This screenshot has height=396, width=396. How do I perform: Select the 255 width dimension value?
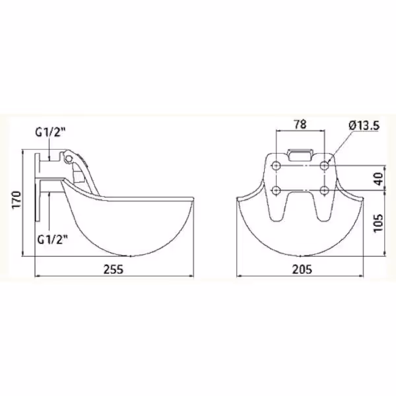pyautogui.click(x=114, y=269)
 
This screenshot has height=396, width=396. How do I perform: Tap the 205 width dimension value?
pyautogui.click(x=302, y=269)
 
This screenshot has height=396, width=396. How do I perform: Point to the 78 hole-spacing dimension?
pyautogui.click(x=300, y=124)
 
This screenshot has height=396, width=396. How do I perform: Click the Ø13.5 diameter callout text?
pyautogui.click(x=364, y=125)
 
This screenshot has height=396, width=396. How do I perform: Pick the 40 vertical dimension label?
pyautogui.click(x=379, y=179)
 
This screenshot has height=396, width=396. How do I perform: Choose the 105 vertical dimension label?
pyautogui.click(x=379, y=223)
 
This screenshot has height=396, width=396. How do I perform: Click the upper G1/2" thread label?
pyautogui.click(x=51, y=132)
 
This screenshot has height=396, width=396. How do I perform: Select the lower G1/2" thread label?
pyautogui.click(x=53, y=240)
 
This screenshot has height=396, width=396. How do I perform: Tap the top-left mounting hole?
pyautogui.click(x=277, y=166)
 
